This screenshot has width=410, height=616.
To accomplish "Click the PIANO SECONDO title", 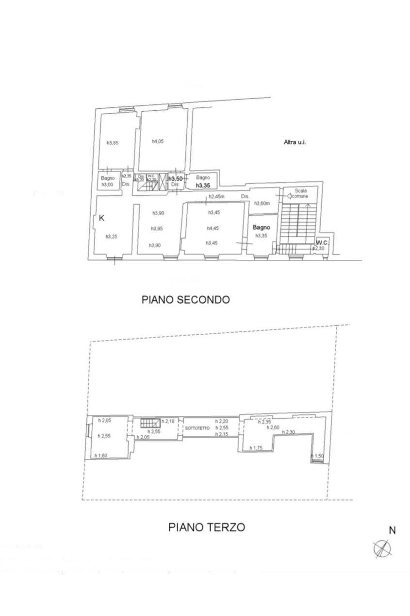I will (185, 300).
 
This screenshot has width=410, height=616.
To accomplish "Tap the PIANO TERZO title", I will (207, 527).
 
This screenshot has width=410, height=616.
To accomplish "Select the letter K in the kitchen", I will (102, 218).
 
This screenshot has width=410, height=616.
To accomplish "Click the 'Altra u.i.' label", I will (295, 142).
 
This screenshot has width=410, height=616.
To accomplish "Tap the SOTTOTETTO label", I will (197, 428).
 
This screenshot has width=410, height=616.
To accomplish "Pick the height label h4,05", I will (158, 141).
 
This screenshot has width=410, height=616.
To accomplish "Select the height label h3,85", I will (113, 143).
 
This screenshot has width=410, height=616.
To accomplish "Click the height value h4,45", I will (213, 228).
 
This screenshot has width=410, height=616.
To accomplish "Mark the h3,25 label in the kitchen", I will (112, 237).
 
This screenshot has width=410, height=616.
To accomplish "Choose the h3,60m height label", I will (262, 203).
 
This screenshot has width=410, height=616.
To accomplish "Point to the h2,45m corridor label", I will (216, 197).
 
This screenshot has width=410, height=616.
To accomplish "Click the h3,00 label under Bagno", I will (107, 185).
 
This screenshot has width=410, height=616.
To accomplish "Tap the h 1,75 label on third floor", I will (256, 448).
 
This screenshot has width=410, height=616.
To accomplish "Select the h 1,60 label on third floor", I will (101, 455).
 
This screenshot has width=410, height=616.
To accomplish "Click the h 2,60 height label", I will (273, 428).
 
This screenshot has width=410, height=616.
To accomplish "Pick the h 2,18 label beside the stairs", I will (168, 421).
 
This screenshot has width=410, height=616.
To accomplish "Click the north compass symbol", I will (383, 548).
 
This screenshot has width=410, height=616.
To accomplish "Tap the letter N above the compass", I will (392, 530).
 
